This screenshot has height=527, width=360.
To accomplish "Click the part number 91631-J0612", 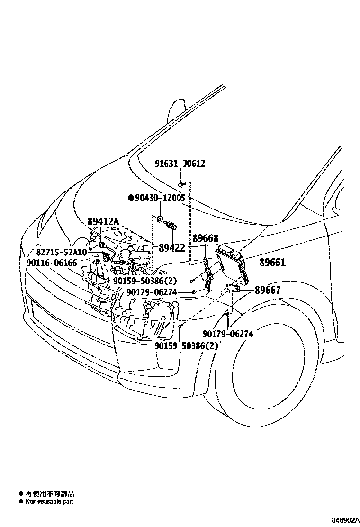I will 180,164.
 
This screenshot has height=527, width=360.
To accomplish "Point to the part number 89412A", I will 103,221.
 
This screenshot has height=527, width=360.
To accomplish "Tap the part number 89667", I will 268,291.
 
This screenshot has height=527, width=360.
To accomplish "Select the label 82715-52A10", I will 62,252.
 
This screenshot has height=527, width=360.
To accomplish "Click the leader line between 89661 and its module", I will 250,262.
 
